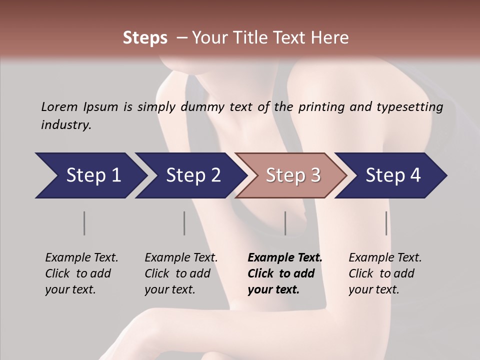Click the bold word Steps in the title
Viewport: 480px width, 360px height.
click(145, 38)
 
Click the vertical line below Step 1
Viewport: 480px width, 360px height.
click(84, 223)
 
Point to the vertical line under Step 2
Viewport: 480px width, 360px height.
click(184, 223)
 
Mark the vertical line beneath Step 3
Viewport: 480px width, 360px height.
click(285, 223)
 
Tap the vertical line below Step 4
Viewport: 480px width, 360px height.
click(386, 223)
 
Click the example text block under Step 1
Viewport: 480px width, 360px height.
click(81, 273)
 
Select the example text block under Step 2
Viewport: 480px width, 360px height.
click(181, 273)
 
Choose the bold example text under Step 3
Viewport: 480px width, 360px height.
click(285, 273)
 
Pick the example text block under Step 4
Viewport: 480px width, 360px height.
click(385, 273)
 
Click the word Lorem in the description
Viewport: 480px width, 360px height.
click(59, 106)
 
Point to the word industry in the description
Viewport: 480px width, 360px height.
click(66, 125)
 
